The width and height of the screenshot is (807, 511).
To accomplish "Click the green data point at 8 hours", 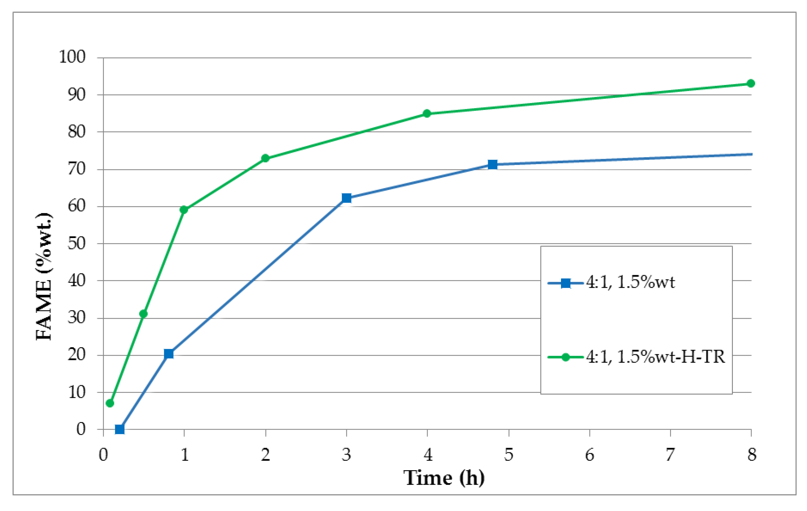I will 751,83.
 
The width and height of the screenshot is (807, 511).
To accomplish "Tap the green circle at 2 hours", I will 265,158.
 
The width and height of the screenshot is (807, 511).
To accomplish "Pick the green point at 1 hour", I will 184,210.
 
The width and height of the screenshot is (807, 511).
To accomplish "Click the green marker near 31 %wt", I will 143,314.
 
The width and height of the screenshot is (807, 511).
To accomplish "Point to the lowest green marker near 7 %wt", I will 110,403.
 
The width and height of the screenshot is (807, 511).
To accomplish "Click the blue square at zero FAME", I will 120,429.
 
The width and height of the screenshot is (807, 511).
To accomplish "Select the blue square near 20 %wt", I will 169,354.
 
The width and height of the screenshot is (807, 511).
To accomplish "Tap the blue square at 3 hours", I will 347,198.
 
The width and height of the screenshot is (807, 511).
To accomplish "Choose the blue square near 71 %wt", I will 492,164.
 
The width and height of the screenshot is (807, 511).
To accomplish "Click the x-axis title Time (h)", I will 444,478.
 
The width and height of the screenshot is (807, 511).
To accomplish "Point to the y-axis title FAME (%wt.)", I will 44,276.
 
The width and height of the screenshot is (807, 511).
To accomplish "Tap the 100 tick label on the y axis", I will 72,57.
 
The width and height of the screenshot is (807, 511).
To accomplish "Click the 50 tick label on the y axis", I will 76,243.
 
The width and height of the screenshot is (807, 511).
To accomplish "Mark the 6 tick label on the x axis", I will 589,455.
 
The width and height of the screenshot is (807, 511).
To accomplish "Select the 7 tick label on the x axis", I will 670,455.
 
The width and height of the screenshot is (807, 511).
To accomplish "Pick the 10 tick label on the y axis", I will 76,392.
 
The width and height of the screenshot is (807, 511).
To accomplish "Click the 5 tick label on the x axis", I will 509,455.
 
